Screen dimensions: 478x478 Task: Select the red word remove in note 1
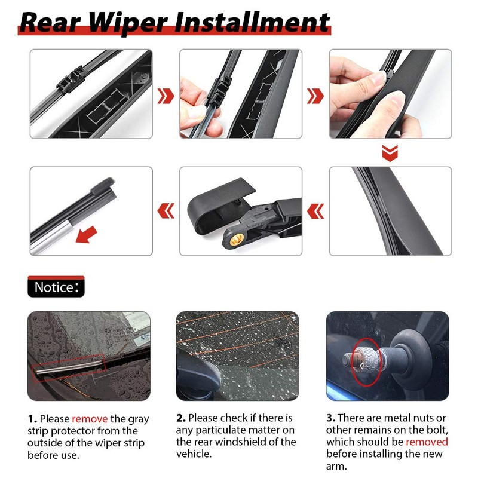[90, 419]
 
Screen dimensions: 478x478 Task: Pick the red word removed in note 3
[427, 442]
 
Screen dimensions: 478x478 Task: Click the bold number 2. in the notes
[181, 418]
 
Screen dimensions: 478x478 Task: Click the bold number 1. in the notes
[33, 419]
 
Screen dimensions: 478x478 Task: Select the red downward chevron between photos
[390, 154]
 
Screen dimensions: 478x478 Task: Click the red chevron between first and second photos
[166, 95]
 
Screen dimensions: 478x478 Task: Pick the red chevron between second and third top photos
[315, 95]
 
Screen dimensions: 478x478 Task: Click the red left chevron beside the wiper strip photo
[166, 210]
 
